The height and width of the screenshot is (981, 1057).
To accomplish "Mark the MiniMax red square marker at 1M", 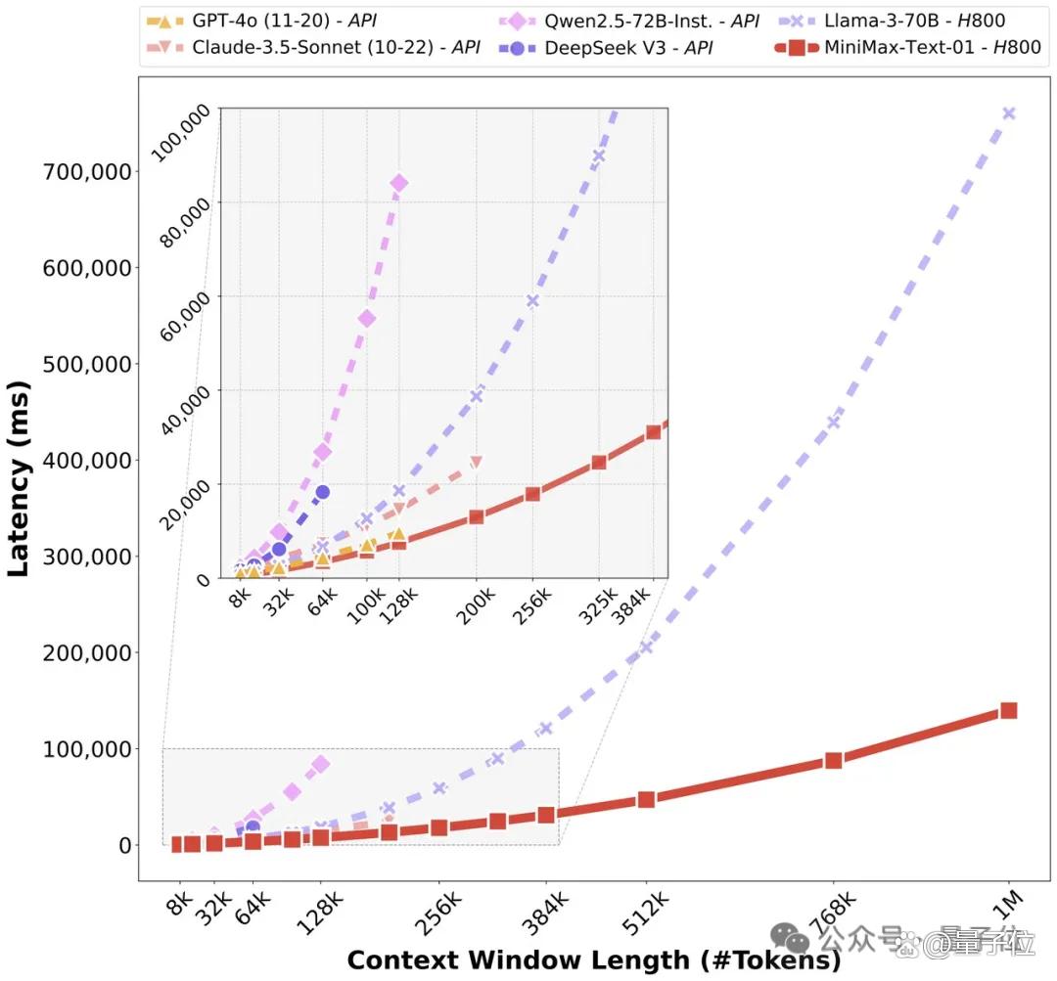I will (x=1008, y=710).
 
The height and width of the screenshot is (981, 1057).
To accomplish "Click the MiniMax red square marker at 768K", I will (x=833, y=760).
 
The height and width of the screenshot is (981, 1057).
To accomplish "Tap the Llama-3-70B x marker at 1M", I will (x=1008, y=113).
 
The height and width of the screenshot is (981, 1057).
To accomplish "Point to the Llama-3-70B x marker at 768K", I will (x=833, y=423).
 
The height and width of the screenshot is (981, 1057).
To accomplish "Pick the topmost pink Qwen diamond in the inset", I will (x=398, y=183).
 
